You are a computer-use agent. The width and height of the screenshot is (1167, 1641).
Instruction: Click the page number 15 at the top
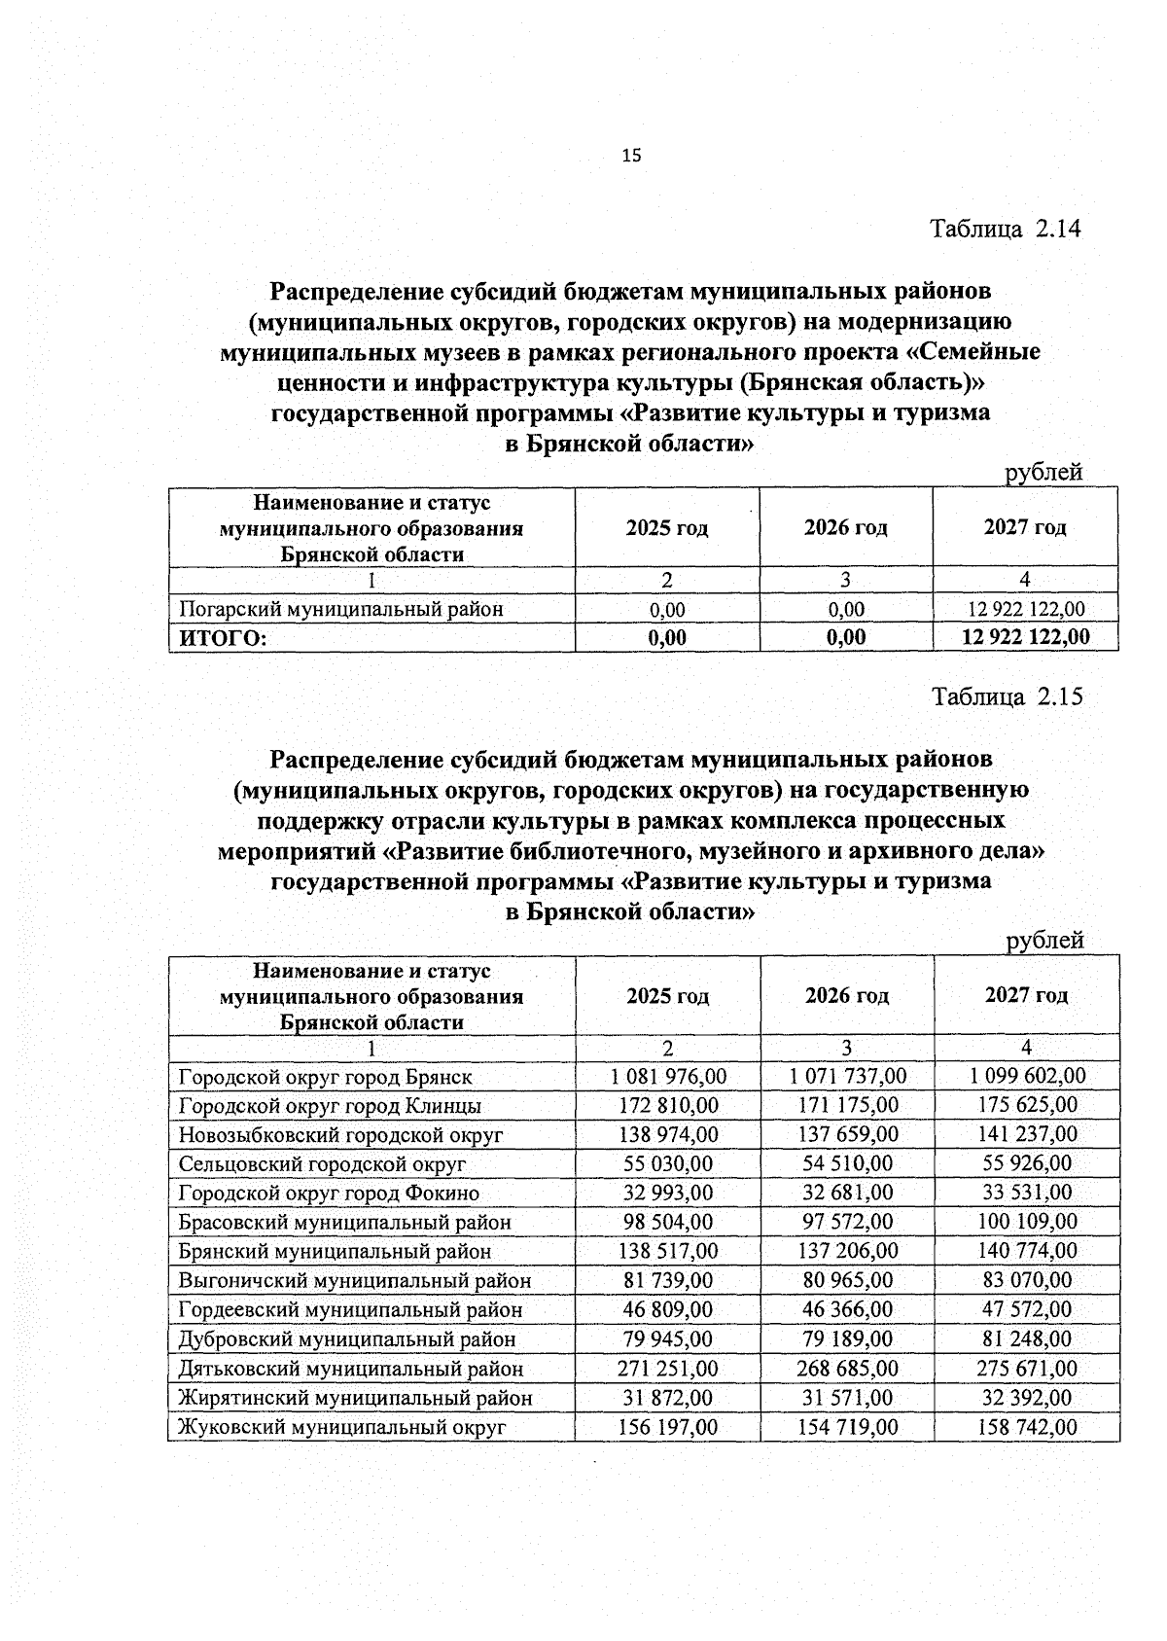coord(631,155)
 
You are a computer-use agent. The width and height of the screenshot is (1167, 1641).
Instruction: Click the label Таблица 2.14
coord(1006,230)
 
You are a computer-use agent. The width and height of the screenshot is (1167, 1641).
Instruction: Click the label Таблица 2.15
coord(1007,697)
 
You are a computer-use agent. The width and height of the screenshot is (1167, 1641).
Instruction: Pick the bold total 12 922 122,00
coord(1025,637)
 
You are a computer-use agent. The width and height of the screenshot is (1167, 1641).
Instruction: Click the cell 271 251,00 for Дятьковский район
coord(668,1369)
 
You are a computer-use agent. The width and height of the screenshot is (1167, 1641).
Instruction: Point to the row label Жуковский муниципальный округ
coord(342,1428)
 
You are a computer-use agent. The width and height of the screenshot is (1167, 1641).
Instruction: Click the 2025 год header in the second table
coord(667,996)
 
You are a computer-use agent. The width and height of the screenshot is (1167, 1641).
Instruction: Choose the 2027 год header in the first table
coord(1025,528)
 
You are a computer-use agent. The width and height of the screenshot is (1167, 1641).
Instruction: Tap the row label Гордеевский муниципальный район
coord(350,1310)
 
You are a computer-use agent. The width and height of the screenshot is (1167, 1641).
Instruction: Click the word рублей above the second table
coord(1044,941)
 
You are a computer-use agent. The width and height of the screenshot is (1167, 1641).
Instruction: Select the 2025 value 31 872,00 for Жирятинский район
coord(668,1398)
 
